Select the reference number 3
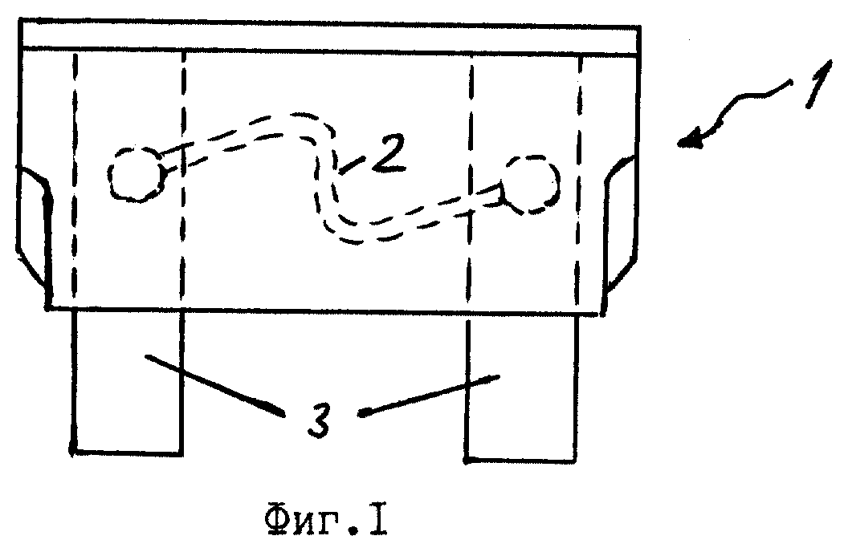pyautogui.click(x=320, y=418)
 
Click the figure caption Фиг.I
pyautogui.click(x=327, y=521)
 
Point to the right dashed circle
pyautogui.click(x=557, y=185)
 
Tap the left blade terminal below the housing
pyautogui.click(x=128, y=382)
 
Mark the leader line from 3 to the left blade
pyautogui.click(x=215, y=384)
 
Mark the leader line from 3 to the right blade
pyautogui.click(x=429, y=396)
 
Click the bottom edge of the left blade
pyautogui.click(x=127, y=453)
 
